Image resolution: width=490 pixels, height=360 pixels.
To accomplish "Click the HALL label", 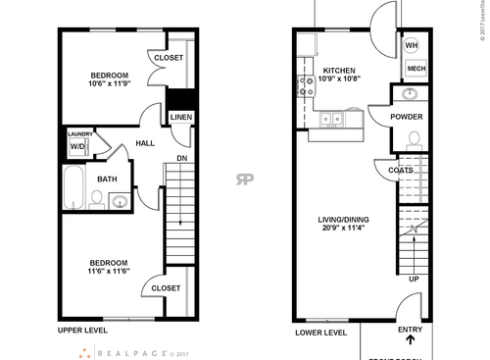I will pos(145,144).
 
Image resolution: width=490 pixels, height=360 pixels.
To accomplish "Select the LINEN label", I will pos(180,118).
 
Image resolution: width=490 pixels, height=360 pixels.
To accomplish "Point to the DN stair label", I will pos(181,157).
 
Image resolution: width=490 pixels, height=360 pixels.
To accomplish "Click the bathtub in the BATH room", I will pos(74,188).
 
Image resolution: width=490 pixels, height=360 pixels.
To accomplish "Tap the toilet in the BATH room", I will pos(97,200).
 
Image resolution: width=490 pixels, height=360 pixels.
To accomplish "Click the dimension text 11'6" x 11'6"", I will pos(107,273).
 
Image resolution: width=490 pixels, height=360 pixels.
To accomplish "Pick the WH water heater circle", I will pos(413,46).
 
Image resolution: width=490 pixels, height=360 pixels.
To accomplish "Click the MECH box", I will pos(416,69).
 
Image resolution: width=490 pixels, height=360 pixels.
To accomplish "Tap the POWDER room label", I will pos(407,117).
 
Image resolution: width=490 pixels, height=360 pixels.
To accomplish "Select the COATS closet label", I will pos(401,169).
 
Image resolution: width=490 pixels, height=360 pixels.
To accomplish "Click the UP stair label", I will pos(413,280).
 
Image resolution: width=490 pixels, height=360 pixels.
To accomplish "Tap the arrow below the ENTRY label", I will pos(410,342).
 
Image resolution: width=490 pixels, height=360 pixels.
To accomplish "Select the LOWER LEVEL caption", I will pos(321,332).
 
